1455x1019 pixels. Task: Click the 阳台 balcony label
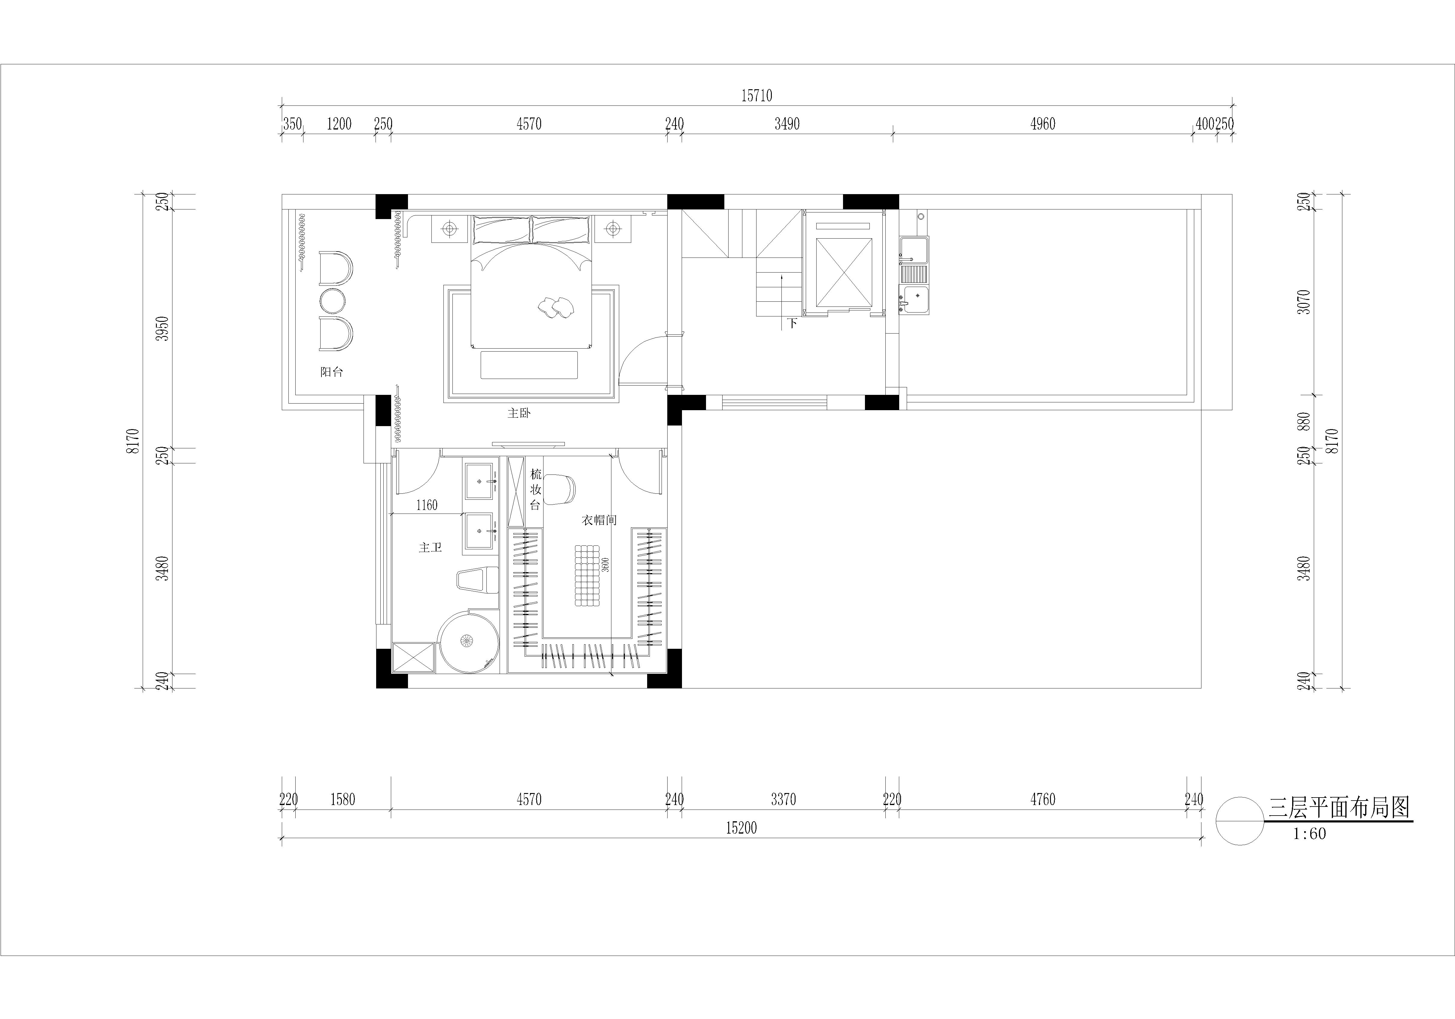pos(331,372)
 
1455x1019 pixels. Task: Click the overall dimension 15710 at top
pos(757,96)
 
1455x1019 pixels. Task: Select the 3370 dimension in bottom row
pos(784,800)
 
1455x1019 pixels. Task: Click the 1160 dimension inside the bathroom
pos(427,505)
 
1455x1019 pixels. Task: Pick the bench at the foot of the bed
pos(529,365)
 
